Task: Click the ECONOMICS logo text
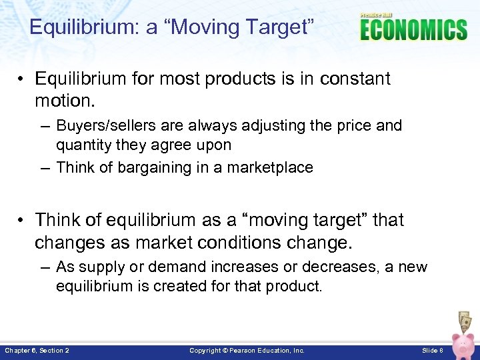[413, 31]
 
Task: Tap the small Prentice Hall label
[376, 15]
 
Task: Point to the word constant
[355, 79]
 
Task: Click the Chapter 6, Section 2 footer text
[37, 350]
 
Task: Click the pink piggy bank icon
[464, 345]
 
